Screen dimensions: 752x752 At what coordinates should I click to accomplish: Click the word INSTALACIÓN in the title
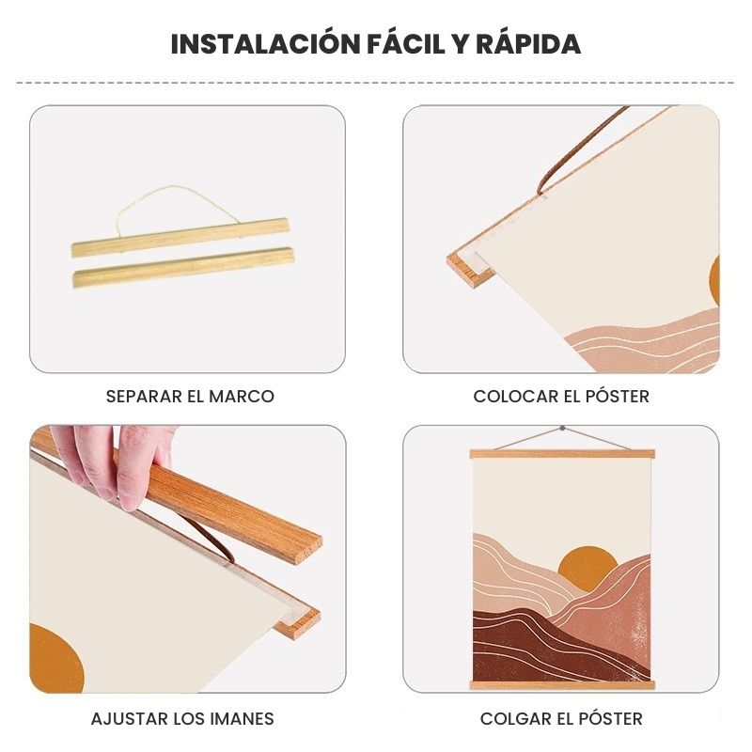266,43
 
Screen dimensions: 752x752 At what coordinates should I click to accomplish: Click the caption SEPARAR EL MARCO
190,397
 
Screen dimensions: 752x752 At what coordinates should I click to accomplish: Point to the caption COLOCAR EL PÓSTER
561,396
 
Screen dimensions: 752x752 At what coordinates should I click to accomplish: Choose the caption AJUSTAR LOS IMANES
182,719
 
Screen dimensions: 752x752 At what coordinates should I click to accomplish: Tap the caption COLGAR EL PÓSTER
561,718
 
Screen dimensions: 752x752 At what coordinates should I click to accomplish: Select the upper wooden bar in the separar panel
180,237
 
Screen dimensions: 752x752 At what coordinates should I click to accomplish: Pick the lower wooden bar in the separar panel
183,267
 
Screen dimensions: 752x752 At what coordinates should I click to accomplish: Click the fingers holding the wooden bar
113,462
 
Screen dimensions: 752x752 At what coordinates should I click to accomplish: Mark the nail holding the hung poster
562,428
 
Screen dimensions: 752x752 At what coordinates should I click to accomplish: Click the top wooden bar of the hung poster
562,454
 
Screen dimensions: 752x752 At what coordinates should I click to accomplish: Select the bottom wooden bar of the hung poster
562,685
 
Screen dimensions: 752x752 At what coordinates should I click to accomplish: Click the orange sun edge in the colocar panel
714,281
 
